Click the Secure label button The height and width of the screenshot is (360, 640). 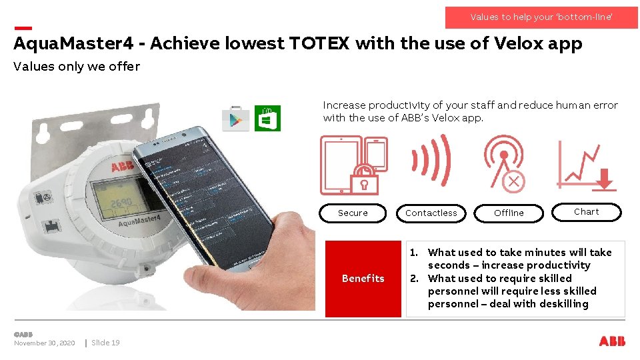[x=353, y=213]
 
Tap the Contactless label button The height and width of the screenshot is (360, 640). [x=431, y=213]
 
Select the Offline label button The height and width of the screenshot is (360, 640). [x=509, y=213]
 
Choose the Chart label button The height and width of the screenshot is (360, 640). [x=586, y=212]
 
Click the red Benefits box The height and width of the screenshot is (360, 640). [x=363, y=279]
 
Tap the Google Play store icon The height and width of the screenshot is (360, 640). [x=235, y=119]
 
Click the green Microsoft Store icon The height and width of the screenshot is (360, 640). [x=267, y=119]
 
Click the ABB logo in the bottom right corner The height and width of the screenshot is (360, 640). [x=612, y=341]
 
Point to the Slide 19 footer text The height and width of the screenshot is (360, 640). [x=105, y=343]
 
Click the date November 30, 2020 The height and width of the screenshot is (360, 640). [x=44, y=343]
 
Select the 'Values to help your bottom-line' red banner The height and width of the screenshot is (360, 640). [x=541, y=17]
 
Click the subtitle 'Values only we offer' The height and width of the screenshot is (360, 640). [x=77, y=66]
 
